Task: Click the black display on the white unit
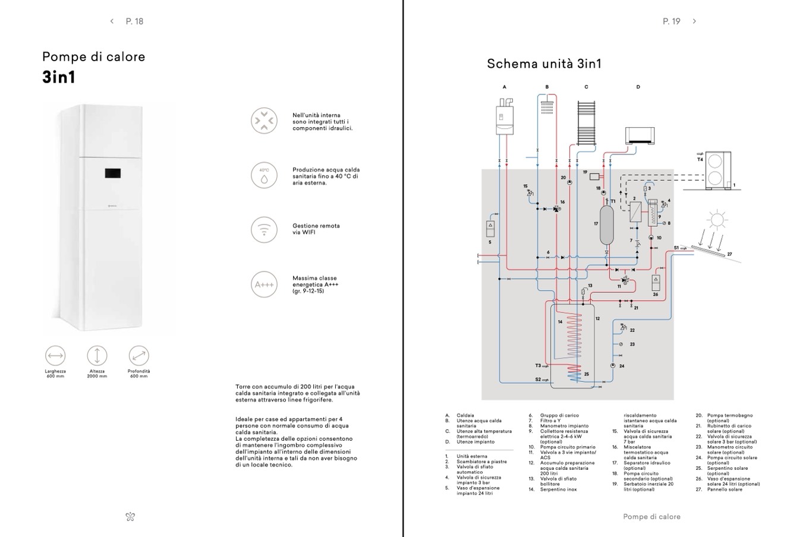pyautogui.click(x=114, y=173)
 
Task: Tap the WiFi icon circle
pyautogui.click(x=264, y=229)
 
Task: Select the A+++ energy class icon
pyautogui.click(x=264, y=285)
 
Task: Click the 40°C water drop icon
pyautogui.click(x=264, y=175)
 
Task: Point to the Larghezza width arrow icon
pyautogui.click(x=55, y=356)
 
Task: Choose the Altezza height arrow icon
pyautogui.click(x=97, y=356)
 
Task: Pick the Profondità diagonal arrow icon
pyautogui.click(x=138, y=356)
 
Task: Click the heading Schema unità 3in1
pyautogui.click(x=544, y=64)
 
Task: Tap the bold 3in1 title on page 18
pyautogui.click(x=59, y=78)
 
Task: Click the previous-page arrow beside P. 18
pyautogui.click(x=112, y=21)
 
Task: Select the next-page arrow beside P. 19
pyautogui.click(x=694, y=21)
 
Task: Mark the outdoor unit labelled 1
pyautogui.click(x=717, y=171)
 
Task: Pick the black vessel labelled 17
pyautogui.click(x=606, y=225)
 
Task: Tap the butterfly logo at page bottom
pyautogui.click(x=130, y=517)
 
